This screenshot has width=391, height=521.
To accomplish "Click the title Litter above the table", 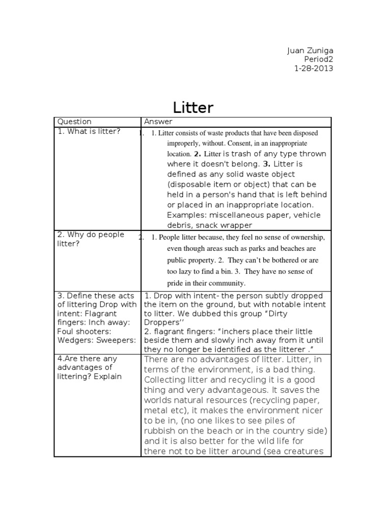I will point(193,107).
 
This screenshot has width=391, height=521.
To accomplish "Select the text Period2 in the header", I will point(317,60).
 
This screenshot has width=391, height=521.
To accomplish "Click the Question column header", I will point(74,122).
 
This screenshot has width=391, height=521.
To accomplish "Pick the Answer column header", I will point(158,122).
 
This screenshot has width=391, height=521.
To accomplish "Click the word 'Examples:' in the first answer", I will point(186,215).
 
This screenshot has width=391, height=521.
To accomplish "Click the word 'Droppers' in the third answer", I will point(162,323).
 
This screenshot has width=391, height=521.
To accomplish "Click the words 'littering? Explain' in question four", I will point(90,377).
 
